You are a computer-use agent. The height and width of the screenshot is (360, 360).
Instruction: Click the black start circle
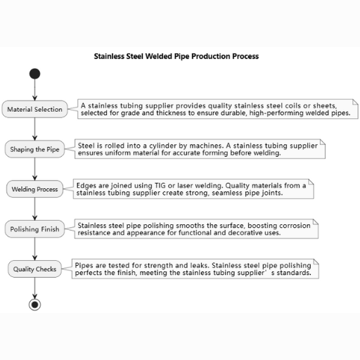[x=34, y=74]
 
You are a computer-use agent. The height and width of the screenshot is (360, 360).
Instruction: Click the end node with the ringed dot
[x=34, y=304]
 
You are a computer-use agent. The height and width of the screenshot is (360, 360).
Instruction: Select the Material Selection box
[x=34, y=109]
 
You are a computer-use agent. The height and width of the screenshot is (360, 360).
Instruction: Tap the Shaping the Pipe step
[x=34, y=149]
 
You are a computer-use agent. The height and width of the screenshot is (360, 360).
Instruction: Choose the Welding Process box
[x=34, y=189]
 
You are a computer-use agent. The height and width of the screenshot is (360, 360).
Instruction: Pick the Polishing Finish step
[x=34, y=229]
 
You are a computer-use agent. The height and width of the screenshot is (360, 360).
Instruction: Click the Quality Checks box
[x=34, y=269]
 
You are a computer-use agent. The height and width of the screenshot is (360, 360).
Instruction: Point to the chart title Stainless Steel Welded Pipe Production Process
[x=176, y=56]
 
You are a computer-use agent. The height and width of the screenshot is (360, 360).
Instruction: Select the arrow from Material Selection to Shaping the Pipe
[x=34, y=129]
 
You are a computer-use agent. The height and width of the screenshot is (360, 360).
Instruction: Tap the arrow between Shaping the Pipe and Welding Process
[x=34, y=169]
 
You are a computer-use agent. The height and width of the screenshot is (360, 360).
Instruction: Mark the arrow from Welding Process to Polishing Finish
[x=34, y=209]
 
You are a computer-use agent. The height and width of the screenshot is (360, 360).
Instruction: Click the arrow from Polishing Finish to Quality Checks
[x=34, y=249]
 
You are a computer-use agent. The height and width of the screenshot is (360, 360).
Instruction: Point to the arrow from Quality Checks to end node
[x=34, y=288]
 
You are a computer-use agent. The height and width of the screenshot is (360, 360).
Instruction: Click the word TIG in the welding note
[x=160, y=186]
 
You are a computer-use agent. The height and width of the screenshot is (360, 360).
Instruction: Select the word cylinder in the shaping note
[x=163, y=146]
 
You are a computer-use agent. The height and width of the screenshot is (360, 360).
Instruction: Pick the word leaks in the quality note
[x=200, y=265]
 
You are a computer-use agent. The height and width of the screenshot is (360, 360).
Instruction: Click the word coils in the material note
[x=292, y=105]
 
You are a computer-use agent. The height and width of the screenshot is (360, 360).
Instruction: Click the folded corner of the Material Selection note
[x=355, y=102]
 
